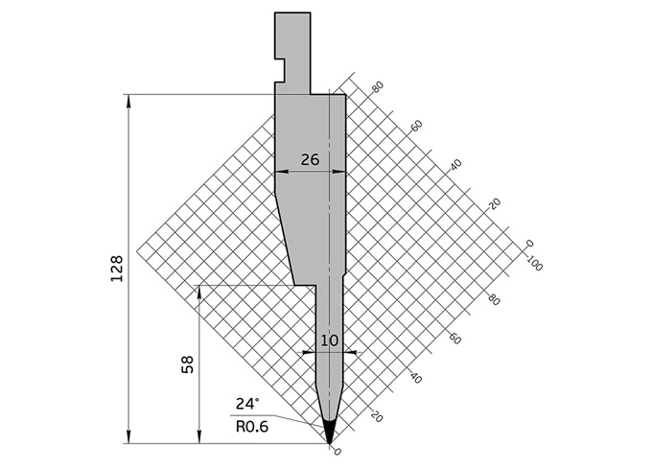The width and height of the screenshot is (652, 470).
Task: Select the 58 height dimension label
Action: [187, 364]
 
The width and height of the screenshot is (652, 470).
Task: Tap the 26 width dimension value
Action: [310, 159]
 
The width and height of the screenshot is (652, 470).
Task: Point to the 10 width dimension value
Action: [329, 340]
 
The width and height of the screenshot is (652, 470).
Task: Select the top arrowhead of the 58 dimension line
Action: [198, 291]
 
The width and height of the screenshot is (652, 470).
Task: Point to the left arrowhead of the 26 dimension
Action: [280, 172]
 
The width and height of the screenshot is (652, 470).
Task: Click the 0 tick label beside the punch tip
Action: [337, 451]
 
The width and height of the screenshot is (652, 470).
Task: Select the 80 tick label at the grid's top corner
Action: [378, 87]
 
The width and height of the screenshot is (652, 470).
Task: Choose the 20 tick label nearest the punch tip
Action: [376, 416]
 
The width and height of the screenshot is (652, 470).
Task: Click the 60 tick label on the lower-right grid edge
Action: [455, 339]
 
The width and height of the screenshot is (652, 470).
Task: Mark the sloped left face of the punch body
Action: [284, 235]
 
